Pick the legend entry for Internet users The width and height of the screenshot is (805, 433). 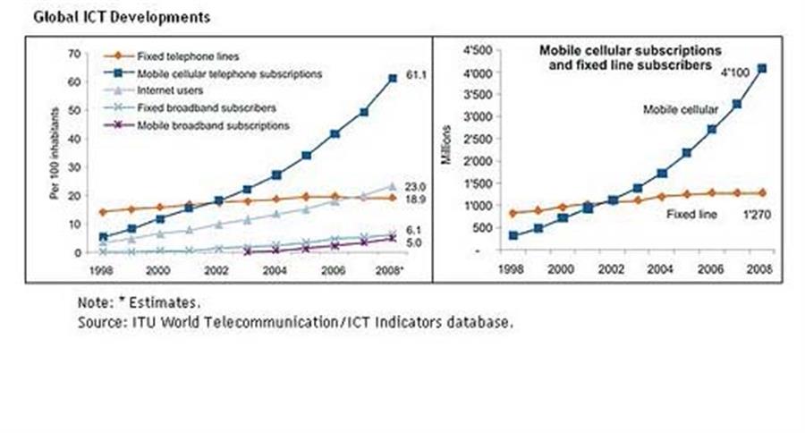[x=170, y=90]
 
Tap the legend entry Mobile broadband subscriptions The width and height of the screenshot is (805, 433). [x=213, y=125]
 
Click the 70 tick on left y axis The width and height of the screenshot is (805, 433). [x=74, y=54]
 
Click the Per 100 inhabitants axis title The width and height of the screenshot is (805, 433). [x=55, y=154]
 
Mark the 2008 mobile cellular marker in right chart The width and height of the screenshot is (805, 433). [x=761, y=68]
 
